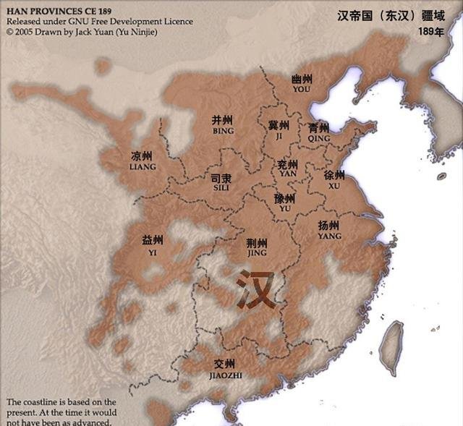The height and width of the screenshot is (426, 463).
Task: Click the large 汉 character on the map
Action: click(256, 289)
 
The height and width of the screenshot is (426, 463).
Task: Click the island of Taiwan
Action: click(393, 340)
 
